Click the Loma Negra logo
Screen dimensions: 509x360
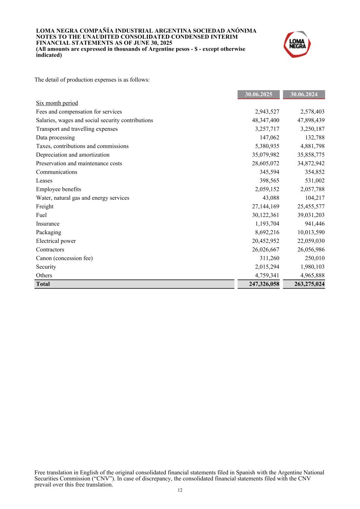point(297,44)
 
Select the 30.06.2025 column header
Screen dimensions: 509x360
point(258,94)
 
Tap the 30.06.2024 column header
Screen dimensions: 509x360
point(304,94)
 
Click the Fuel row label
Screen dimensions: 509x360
point(41,215)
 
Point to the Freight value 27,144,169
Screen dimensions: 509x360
point(265,207)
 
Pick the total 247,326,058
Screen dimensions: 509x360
point(264,284)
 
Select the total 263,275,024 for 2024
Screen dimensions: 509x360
point(309,284)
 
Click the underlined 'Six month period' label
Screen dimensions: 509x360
point(57,103)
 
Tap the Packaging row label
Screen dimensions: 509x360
point(48,232)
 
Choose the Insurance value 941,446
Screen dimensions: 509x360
point(315,224)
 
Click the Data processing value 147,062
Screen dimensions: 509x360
point(269,138)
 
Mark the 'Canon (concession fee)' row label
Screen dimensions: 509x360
point(64,258)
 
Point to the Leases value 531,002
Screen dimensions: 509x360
point(315,180)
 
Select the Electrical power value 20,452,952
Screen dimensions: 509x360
point(265,241)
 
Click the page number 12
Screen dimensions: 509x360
point(180,490)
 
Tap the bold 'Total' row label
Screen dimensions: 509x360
point(43,284)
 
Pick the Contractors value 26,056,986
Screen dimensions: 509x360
point(311,249)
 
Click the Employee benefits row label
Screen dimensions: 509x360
point(59,189)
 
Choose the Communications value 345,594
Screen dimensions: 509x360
point(269,172)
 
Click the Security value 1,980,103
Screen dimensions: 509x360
point(312,267)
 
